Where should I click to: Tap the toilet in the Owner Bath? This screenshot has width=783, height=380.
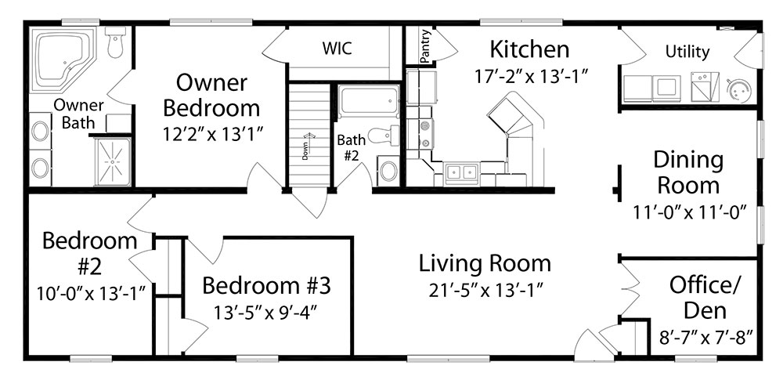click(115, 42)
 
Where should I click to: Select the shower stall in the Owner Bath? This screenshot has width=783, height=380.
click(113, 161)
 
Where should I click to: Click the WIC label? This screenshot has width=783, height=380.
click(337, 49)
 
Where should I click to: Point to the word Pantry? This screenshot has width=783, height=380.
click(425, 46)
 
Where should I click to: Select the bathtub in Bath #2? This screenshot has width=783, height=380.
click(369, 102)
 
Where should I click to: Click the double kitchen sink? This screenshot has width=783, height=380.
click(462, 172)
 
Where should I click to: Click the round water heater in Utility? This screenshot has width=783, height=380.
click(738, 90)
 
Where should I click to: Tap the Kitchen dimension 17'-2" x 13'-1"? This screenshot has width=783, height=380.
click(529, 77)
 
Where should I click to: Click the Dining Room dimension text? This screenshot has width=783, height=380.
click(690, 212)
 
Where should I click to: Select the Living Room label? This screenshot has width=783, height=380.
click(485, 263)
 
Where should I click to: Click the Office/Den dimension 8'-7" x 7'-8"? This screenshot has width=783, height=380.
click(706, 338)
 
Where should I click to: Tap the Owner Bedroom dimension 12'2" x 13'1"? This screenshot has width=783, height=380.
click(213, 133)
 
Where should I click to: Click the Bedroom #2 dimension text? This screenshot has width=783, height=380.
click(90, 293)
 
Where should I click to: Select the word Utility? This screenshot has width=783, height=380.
click(687, 52)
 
